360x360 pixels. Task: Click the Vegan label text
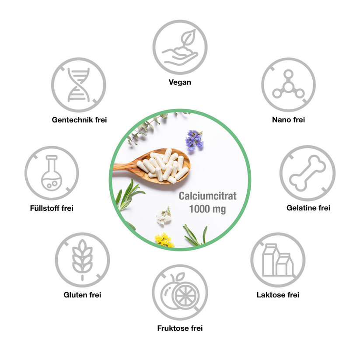click(180, 82)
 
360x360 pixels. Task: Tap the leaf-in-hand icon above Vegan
click(180, 47)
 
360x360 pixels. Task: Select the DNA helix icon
click(79, 85)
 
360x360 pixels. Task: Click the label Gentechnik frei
click(79, 119)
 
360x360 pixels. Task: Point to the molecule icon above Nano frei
click(288, 84)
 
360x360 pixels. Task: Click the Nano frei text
click(288, 119)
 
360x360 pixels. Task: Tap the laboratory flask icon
click(52, 173)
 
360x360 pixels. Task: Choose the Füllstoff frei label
click(52, 208)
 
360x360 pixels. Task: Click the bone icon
click(308, 173)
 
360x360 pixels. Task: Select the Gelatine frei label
click(308, 208)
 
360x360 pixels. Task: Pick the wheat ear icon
click(82, 260)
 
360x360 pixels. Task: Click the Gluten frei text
click(82, 295)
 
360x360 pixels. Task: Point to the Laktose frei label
click(278, 295)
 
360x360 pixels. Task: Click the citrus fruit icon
click(180, 292)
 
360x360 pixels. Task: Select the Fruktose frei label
click(180, 328)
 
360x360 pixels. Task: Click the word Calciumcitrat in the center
click(207, 196)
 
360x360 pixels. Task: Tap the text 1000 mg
click(207, 209)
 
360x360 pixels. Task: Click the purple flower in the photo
click(194, 140)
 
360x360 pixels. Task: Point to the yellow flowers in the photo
click(164, 240)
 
